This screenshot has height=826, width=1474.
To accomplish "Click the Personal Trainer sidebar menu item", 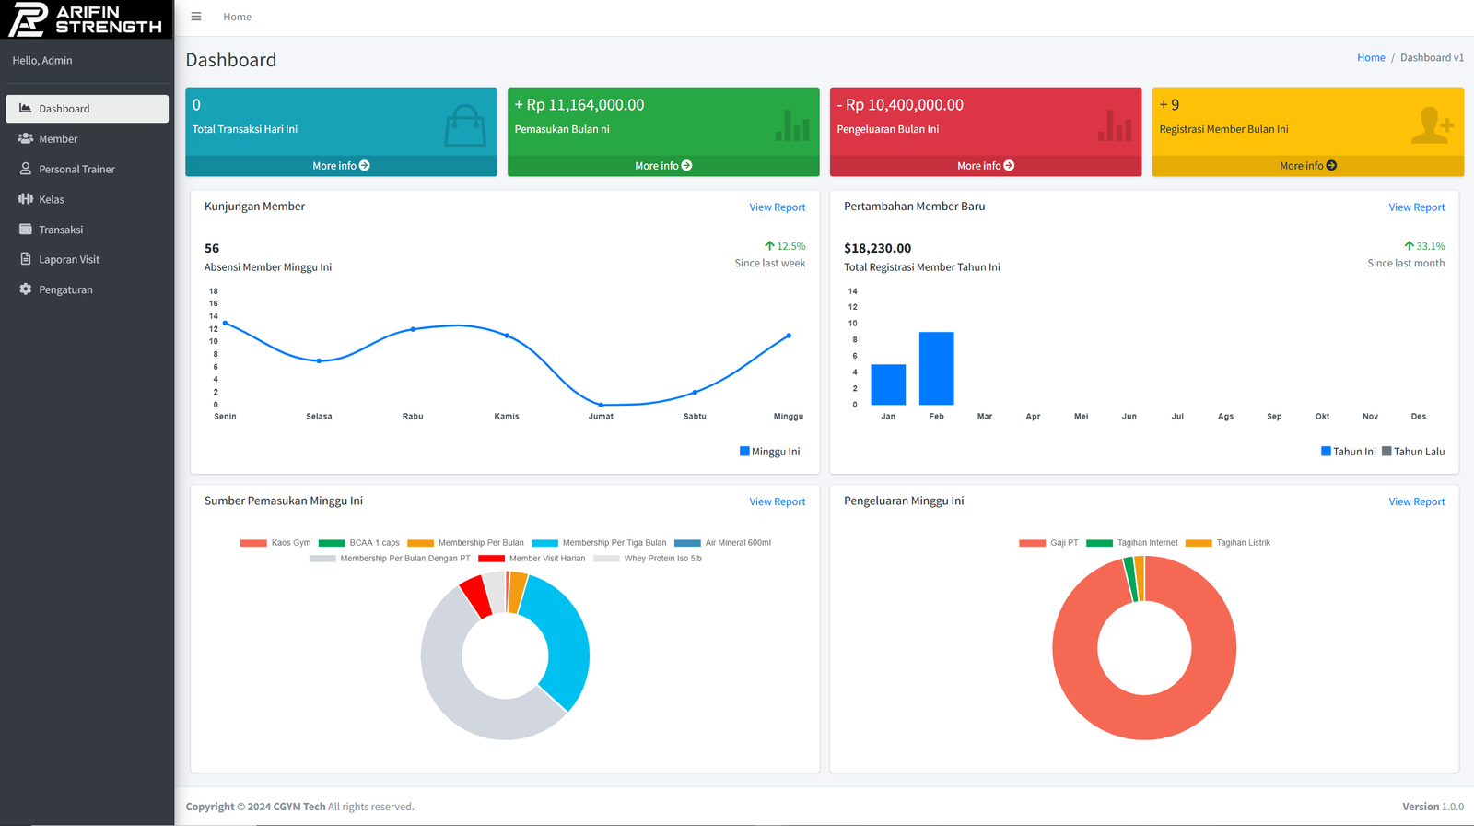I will (76, 170).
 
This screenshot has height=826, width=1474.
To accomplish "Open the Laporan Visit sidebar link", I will (69, 260).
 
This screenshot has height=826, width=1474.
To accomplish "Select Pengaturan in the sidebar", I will (65, 290).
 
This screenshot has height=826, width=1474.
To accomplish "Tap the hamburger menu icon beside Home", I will (196, 17).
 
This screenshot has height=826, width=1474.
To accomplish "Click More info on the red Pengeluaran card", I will (985, 166).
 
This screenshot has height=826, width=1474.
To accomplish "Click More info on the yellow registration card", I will (1307, 166).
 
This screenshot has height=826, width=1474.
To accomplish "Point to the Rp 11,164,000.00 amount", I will (579, 105).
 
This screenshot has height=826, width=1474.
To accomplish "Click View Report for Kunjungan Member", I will (777, 207).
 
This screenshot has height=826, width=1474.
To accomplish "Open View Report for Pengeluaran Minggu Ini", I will (1416, 501).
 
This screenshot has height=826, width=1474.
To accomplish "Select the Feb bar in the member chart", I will (936, 369).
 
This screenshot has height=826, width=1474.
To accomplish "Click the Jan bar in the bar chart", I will (888, 384).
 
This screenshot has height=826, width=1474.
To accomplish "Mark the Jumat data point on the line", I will (601, 405).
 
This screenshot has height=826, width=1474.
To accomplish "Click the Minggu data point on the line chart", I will (789, 336).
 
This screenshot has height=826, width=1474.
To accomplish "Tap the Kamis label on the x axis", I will (507, 417).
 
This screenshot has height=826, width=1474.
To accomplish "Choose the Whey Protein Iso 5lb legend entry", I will (661, 559).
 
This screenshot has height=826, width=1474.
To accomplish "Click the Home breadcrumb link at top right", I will (1370, 58).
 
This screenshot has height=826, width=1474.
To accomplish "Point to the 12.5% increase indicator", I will (785, 246).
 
